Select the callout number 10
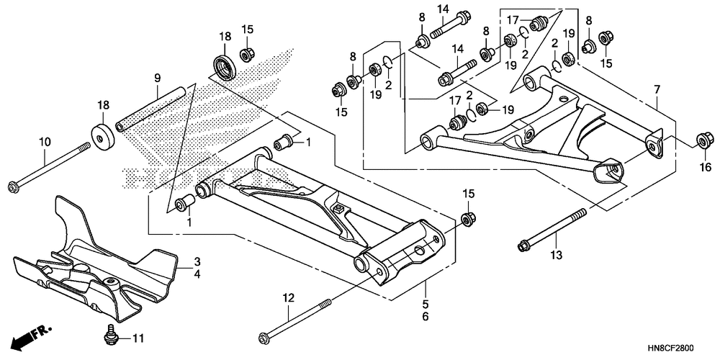pyautogui.click(x=45, y=142)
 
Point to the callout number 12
pyautogui.click(x=289, y=297)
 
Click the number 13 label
pyautogui.click(x=554, y=255)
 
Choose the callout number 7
pyautogui.click(x=657, y=89)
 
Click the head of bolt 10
pyautogui.click(x=13, y=189)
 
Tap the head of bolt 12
pyautogui.click(x=264, y=336)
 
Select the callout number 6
pyautogui.click(x=426, y=316)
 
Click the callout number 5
pyautogui.click(x=426, y=303)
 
